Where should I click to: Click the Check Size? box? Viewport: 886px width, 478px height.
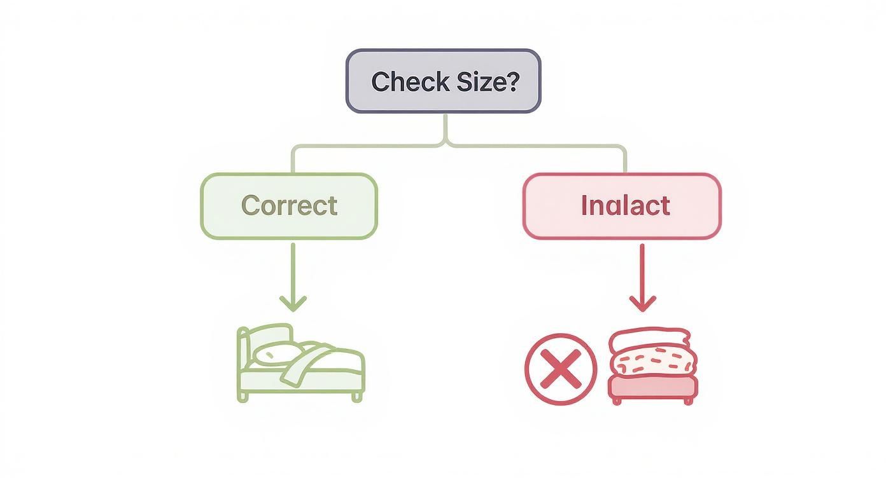click(443, 81)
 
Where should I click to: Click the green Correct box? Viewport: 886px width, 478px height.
click(290, 206)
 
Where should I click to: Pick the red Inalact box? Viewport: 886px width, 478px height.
click(621, 206)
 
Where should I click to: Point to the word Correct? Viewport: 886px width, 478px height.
click(290, 206)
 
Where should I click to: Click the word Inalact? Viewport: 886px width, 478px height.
click(625, 206)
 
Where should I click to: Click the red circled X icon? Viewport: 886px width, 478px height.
click(561, 369)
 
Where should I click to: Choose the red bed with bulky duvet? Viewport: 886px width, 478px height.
click(652, 365)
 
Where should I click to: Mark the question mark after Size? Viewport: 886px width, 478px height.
click(513, 81)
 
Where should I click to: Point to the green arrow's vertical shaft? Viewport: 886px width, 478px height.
click(293, 267)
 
